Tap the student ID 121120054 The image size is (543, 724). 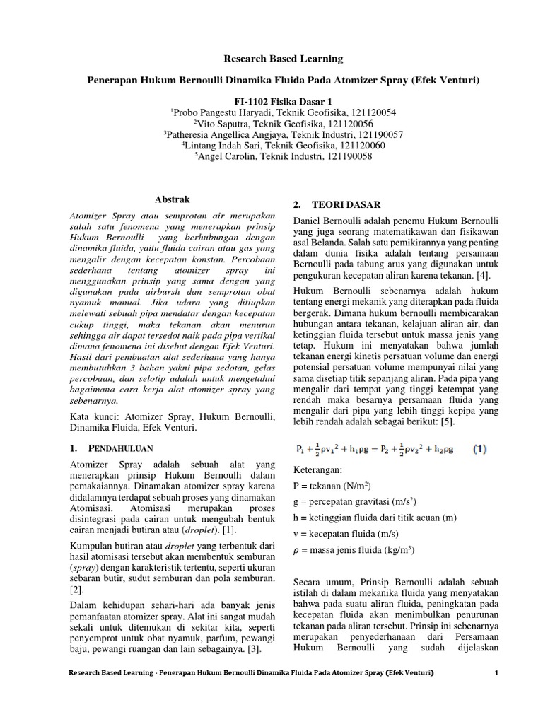point(372,112)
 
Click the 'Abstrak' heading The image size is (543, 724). point(172,200)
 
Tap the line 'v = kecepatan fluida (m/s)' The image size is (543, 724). point(346,535)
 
